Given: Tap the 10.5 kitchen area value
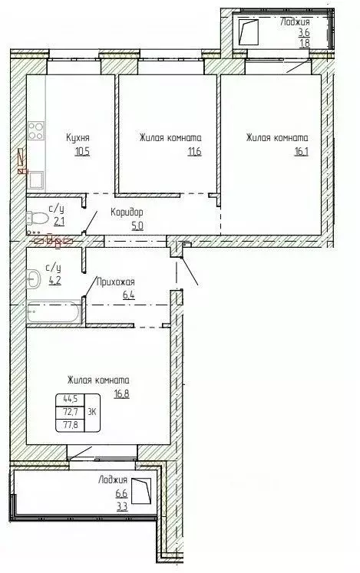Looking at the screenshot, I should [82, 151].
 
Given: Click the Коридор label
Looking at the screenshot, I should [127, 212].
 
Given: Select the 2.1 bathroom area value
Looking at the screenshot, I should [58, 221].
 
